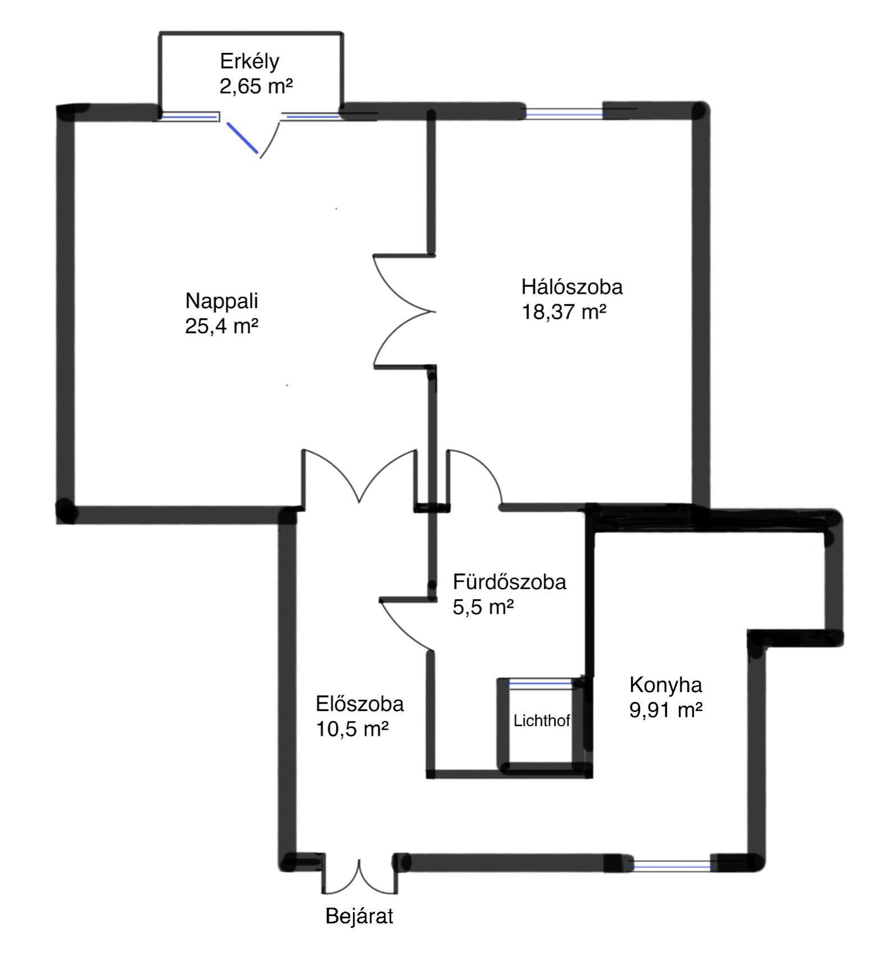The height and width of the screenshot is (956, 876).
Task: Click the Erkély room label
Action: [x=249, y=61]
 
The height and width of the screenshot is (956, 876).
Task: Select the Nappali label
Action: [x=221, y=301]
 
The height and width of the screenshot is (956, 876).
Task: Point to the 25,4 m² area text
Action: [x=221, y=326]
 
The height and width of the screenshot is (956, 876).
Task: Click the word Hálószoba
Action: [x=571, y=287]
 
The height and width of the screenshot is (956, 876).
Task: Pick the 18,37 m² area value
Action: [x=564, y=311]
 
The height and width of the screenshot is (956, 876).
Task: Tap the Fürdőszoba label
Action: [x=509, y=582]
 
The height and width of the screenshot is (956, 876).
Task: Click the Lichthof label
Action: [x=542, y=721]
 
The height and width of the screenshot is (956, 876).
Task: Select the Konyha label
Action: [x=665, y=685]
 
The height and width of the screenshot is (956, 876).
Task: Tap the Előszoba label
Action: [x=360, y=704]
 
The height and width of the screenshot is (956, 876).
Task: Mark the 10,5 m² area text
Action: [x=352, y=729]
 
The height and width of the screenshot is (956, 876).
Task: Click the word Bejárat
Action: [x=359, y=917]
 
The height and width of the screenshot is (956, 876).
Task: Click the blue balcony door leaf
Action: [x=242, y=138]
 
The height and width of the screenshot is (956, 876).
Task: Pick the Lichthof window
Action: [x=541, y=684]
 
